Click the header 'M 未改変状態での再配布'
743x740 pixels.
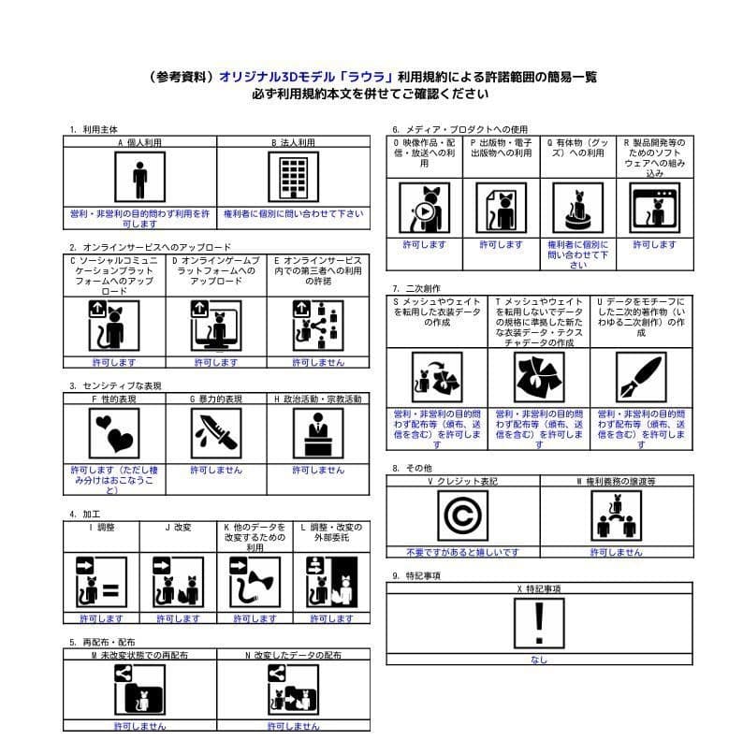point(139,656)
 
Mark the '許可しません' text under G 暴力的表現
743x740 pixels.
point(216,470)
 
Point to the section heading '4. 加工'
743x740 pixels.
point(84,515)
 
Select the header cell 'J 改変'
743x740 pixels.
point(178,528)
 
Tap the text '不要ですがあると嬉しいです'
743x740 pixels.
point(462,553)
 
